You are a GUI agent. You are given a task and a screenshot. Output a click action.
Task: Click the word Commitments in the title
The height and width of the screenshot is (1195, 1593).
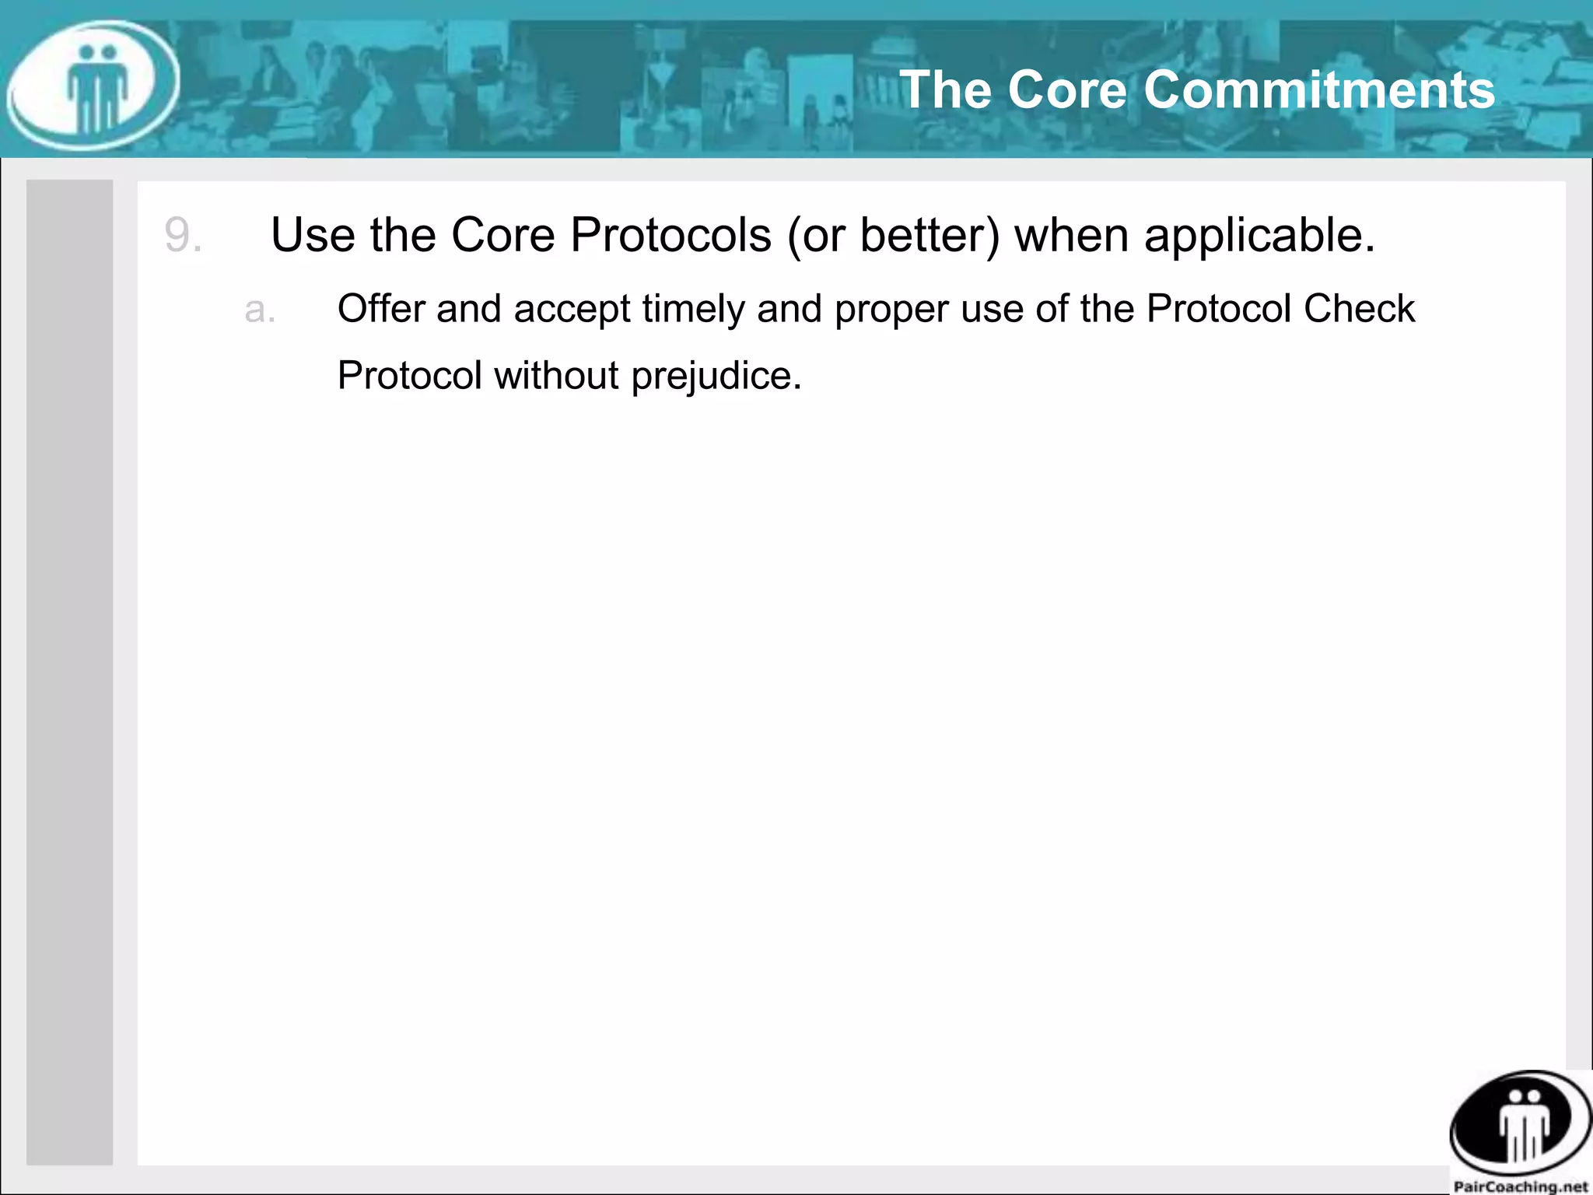(x=1319, y=89)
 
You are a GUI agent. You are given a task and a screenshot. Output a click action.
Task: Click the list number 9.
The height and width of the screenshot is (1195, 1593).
(x=183, y=235)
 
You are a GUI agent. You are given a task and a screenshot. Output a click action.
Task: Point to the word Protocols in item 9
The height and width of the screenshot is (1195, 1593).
(x=670, y=235)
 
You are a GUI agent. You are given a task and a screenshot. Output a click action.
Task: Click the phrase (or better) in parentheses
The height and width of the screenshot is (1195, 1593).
(x=893, y=235)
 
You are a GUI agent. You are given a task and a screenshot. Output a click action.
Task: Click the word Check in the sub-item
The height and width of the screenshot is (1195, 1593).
(x=1359, y=308)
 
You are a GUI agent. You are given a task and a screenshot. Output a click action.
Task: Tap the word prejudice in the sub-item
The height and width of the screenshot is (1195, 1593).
(x=716, y=377)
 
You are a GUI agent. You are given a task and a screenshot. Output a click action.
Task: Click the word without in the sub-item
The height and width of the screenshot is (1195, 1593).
(x=556, y=375)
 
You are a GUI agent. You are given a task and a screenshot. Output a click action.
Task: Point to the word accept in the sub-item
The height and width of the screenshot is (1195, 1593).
(x=572, y=310)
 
